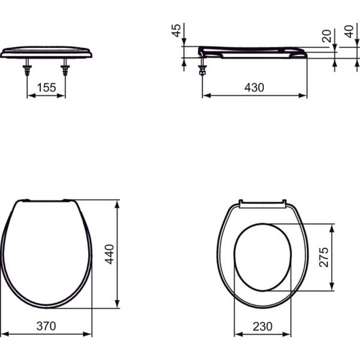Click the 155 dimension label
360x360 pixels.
pos(46,88)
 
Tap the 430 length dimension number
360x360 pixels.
pos(254,88)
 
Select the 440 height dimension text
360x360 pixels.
pos(109,254)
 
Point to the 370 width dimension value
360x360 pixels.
pos(46,326)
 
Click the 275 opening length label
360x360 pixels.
pos(324,257)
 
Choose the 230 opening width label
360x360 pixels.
pos(262,326)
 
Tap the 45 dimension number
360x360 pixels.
pos(176,31)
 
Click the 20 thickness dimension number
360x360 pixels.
pos(326,36)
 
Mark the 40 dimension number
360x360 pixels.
pos(349,32)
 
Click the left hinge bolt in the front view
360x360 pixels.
pos(27,67)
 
